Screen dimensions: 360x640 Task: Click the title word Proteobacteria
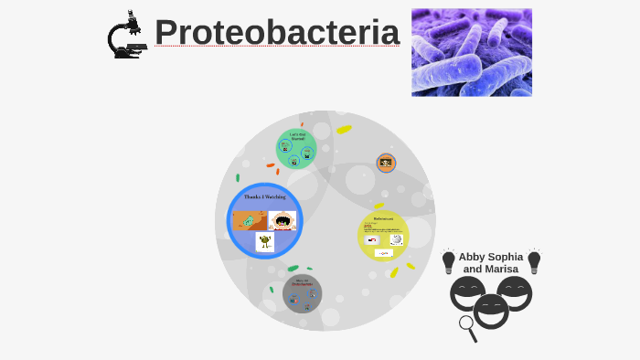click(276, 33)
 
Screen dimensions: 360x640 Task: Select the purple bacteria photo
click(471, 52)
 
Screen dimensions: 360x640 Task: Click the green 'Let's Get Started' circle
click(296, 149)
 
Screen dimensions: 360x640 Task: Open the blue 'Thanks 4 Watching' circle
click(264, 220)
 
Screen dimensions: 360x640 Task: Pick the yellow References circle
click(383, 235)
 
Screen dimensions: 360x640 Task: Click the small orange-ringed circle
click(386, 163)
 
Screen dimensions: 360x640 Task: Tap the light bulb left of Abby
click(448, 261)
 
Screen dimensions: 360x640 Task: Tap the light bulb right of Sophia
click(534, 261)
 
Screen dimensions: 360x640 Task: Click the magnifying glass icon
click(468, 327)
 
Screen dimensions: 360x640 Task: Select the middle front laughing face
click(491, 310)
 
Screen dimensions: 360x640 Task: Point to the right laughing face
click(515, 291)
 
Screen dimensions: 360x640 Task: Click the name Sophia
click(506, 257)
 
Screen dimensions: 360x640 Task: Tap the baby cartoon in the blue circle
click(283, 220)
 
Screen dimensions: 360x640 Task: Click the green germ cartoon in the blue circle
click(265, 241)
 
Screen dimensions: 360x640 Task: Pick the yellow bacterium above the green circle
click(344, 130)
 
